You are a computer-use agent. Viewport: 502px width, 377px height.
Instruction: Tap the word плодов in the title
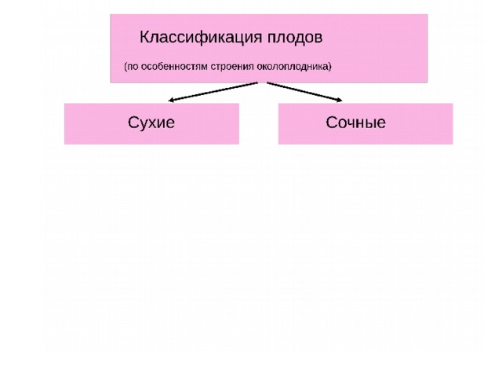click(x=295, y=38)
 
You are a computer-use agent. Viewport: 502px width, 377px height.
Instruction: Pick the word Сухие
click(x=151, y=123)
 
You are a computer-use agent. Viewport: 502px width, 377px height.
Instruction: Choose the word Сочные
click(x=355, y=123)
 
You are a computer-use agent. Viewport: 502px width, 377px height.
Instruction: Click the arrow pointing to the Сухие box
click(x=213, y=92)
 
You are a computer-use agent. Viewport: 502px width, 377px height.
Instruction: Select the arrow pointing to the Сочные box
click(x=304, y=92)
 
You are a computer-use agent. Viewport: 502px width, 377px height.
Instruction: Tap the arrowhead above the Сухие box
click(x=171, y=100)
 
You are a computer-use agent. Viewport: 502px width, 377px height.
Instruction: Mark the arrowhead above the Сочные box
click(x=340, y=100)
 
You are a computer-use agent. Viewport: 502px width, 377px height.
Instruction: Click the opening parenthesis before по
click(x=125, y=67)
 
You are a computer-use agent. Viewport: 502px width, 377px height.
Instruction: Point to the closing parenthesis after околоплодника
click(x=329, y=67)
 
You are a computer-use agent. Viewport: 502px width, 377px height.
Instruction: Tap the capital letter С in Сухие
click(x=133, y=123)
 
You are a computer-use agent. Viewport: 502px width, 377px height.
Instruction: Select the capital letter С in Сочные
click(x=331, y=123)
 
